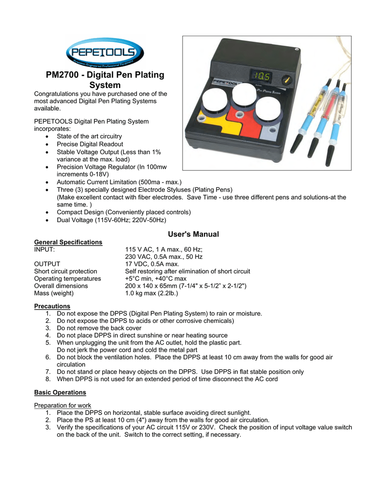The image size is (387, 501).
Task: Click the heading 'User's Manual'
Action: pos(193,234)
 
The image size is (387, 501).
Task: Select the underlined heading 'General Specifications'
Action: pos(68,242)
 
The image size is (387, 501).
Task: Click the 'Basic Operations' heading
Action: pos(60,392)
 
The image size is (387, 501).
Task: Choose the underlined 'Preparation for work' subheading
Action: pos(63,405)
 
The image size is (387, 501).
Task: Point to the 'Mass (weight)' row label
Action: pos(54,294)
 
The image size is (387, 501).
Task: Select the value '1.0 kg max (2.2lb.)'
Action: pos(152,294)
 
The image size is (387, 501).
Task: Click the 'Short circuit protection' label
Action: pos(66,272)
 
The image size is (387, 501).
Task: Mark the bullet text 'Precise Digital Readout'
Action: pos(90,144)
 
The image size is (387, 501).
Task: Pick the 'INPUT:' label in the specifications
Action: pos(44,250)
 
